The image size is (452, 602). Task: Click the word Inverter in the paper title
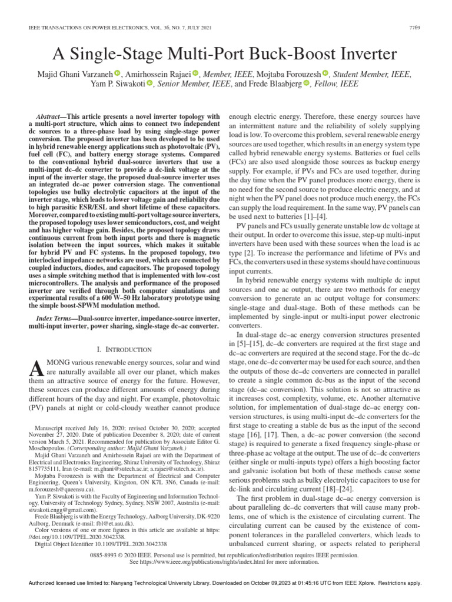pos(361,55)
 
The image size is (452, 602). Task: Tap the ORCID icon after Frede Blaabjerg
pos(305,84)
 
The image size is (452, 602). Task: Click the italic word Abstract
pos(49,116)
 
